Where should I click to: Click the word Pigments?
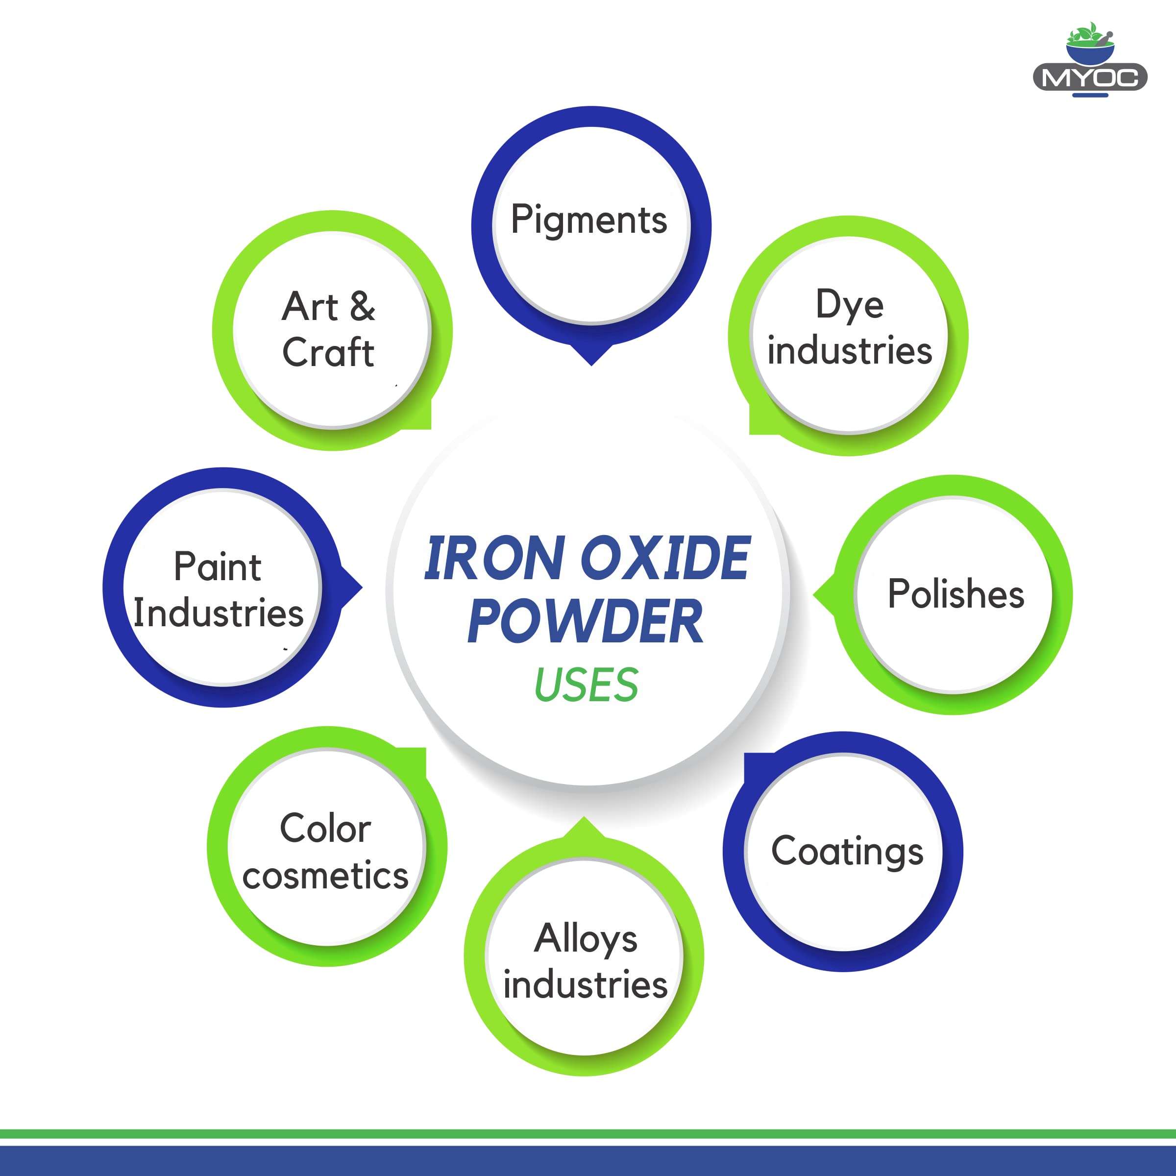point(588,220)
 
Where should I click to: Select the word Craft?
point(328,352)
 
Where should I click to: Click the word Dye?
point(849,305)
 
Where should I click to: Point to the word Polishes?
point(955,594)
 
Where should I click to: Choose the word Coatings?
point(847,852)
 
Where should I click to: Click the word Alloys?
point(586,938)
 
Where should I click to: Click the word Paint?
point(217,567)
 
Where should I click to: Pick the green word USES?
point(586,685)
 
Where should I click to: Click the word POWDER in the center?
point(585,621)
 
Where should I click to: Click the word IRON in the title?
point(493,558)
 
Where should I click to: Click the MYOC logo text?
point(1090,78)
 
